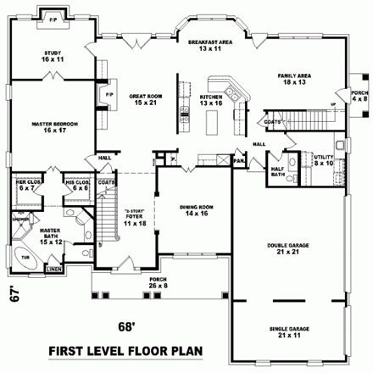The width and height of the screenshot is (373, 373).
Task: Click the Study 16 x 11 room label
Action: tap(52, 56)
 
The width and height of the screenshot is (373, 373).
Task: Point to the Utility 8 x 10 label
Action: tap(325, 159)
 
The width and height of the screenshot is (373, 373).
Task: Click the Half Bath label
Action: tap(277, 170)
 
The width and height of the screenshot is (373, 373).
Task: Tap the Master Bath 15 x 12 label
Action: tap(51, 233)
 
